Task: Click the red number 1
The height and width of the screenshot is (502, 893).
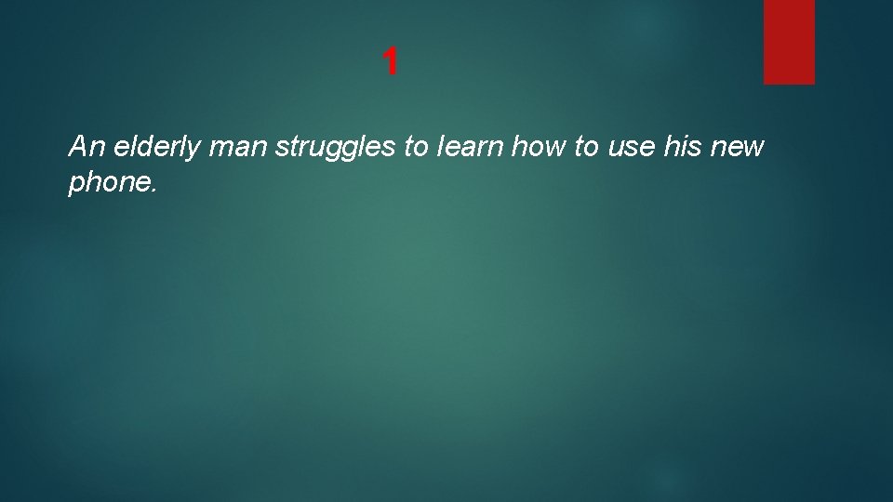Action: [391, 62]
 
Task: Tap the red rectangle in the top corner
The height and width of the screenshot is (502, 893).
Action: [789, 41]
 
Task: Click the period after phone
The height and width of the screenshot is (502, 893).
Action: [154, 191]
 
